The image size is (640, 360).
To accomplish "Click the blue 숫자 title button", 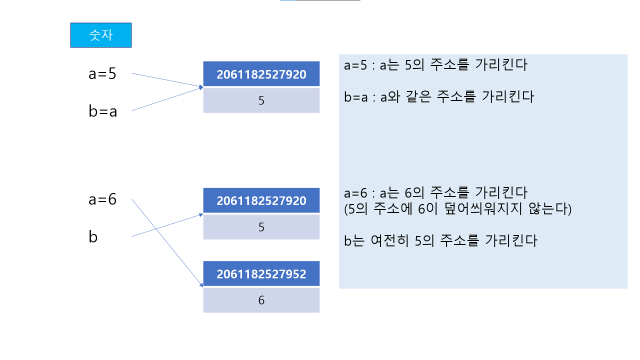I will [100, 35].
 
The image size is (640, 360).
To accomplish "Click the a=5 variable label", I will [102, 74].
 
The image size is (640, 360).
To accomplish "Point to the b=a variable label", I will [102, 111].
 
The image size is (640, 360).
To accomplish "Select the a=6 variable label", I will [102, 199].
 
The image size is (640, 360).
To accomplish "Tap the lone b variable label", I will [93, 237].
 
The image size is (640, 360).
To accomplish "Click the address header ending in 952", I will [261, 274].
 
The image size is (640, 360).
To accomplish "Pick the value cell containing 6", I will [261, 300].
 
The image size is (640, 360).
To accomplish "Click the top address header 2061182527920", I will [261, 74].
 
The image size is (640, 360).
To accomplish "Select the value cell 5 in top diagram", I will [261, 100].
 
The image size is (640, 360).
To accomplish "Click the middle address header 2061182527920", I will [261, 201].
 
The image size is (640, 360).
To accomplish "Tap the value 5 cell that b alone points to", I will [261, 227].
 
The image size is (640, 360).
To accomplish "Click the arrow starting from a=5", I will [165, 80].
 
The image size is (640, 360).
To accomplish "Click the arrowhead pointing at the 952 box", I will [201, 285].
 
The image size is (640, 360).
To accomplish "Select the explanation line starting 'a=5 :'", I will [435, 65].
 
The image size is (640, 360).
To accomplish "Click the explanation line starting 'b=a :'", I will [438, 96].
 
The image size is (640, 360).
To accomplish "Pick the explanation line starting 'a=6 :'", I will [435, 192].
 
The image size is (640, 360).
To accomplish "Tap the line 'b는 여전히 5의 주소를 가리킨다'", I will [440, 241].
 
